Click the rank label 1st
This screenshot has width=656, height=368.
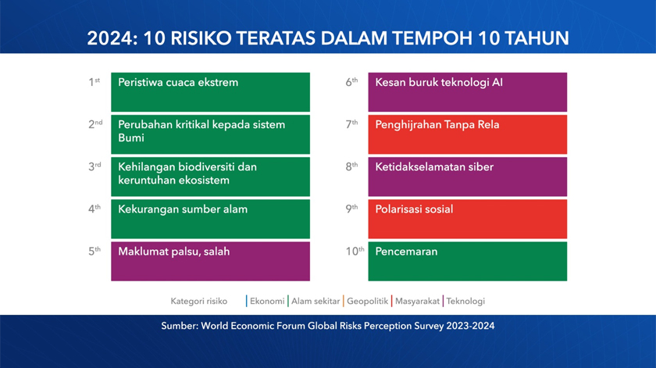coord(94,81)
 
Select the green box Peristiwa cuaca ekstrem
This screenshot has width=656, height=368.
coord(210,92)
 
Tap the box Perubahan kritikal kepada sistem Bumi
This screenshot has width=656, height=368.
coord(210,134)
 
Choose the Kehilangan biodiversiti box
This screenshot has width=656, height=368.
coord(210,177)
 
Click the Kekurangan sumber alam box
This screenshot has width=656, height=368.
coord(210,219)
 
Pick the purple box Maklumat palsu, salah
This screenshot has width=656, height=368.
coord(210,261)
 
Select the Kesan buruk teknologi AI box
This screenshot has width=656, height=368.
coord(467,92)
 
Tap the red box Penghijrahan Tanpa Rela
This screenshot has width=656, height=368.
coord(467,134)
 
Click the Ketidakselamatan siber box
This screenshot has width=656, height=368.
coord(467,177)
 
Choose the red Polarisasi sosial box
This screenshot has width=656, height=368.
coord(467,219)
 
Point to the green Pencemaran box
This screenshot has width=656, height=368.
coord(467,261)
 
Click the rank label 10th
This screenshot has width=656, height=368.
coord(355,251)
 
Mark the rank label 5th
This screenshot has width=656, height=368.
coord(94,251)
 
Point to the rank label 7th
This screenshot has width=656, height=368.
coord(351,123)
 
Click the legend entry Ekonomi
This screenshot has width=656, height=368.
coord(266,301)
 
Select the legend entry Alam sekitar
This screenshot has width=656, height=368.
coord(315,301)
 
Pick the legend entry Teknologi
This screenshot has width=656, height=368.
coord(465,301)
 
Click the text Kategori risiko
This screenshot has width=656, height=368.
coord(198,301)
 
